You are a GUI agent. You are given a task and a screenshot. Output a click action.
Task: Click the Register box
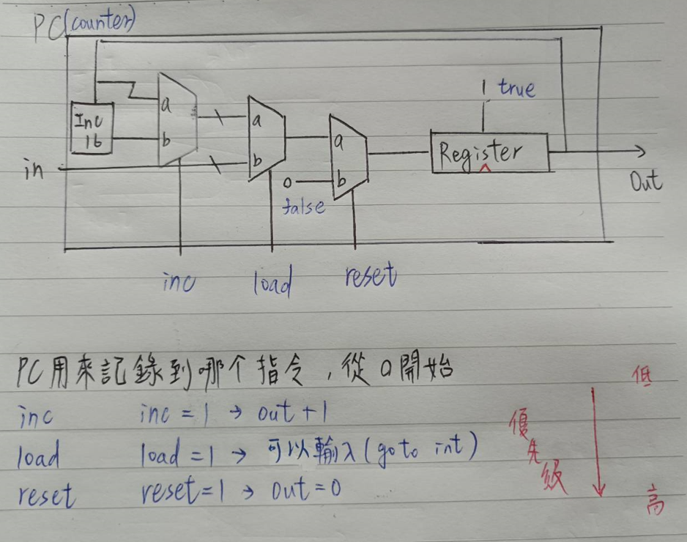point(489,152)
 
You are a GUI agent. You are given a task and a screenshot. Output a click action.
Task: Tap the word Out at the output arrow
point(647,181)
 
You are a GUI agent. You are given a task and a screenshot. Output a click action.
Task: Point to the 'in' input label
point(34,170)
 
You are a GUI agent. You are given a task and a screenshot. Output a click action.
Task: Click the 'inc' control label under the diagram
point(179,281)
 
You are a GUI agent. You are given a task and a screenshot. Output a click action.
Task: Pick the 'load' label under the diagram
point(272,282)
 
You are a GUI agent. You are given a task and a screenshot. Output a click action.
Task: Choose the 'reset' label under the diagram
point(370,277)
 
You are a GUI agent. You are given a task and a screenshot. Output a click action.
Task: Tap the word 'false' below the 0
point(304,207)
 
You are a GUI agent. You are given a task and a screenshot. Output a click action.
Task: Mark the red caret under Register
point(485,169)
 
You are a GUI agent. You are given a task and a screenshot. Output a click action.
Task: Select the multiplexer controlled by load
point(266,138)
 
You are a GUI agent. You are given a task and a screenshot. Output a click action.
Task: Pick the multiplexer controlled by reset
point(349,157)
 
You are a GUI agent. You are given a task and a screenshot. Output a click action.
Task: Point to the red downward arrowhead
point(598,489)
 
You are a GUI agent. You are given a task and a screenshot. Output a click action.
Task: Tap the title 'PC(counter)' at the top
point(84,26)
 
